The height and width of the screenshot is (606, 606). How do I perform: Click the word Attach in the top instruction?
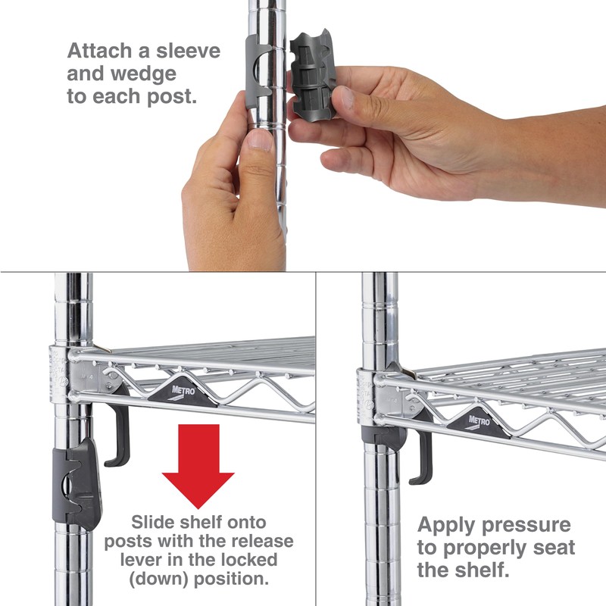100,52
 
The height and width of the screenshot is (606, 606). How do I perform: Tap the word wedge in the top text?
144,75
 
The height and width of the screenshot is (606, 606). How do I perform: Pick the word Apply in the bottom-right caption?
446,525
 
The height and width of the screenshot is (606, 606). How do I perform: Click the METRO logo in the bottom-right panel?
479,419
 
